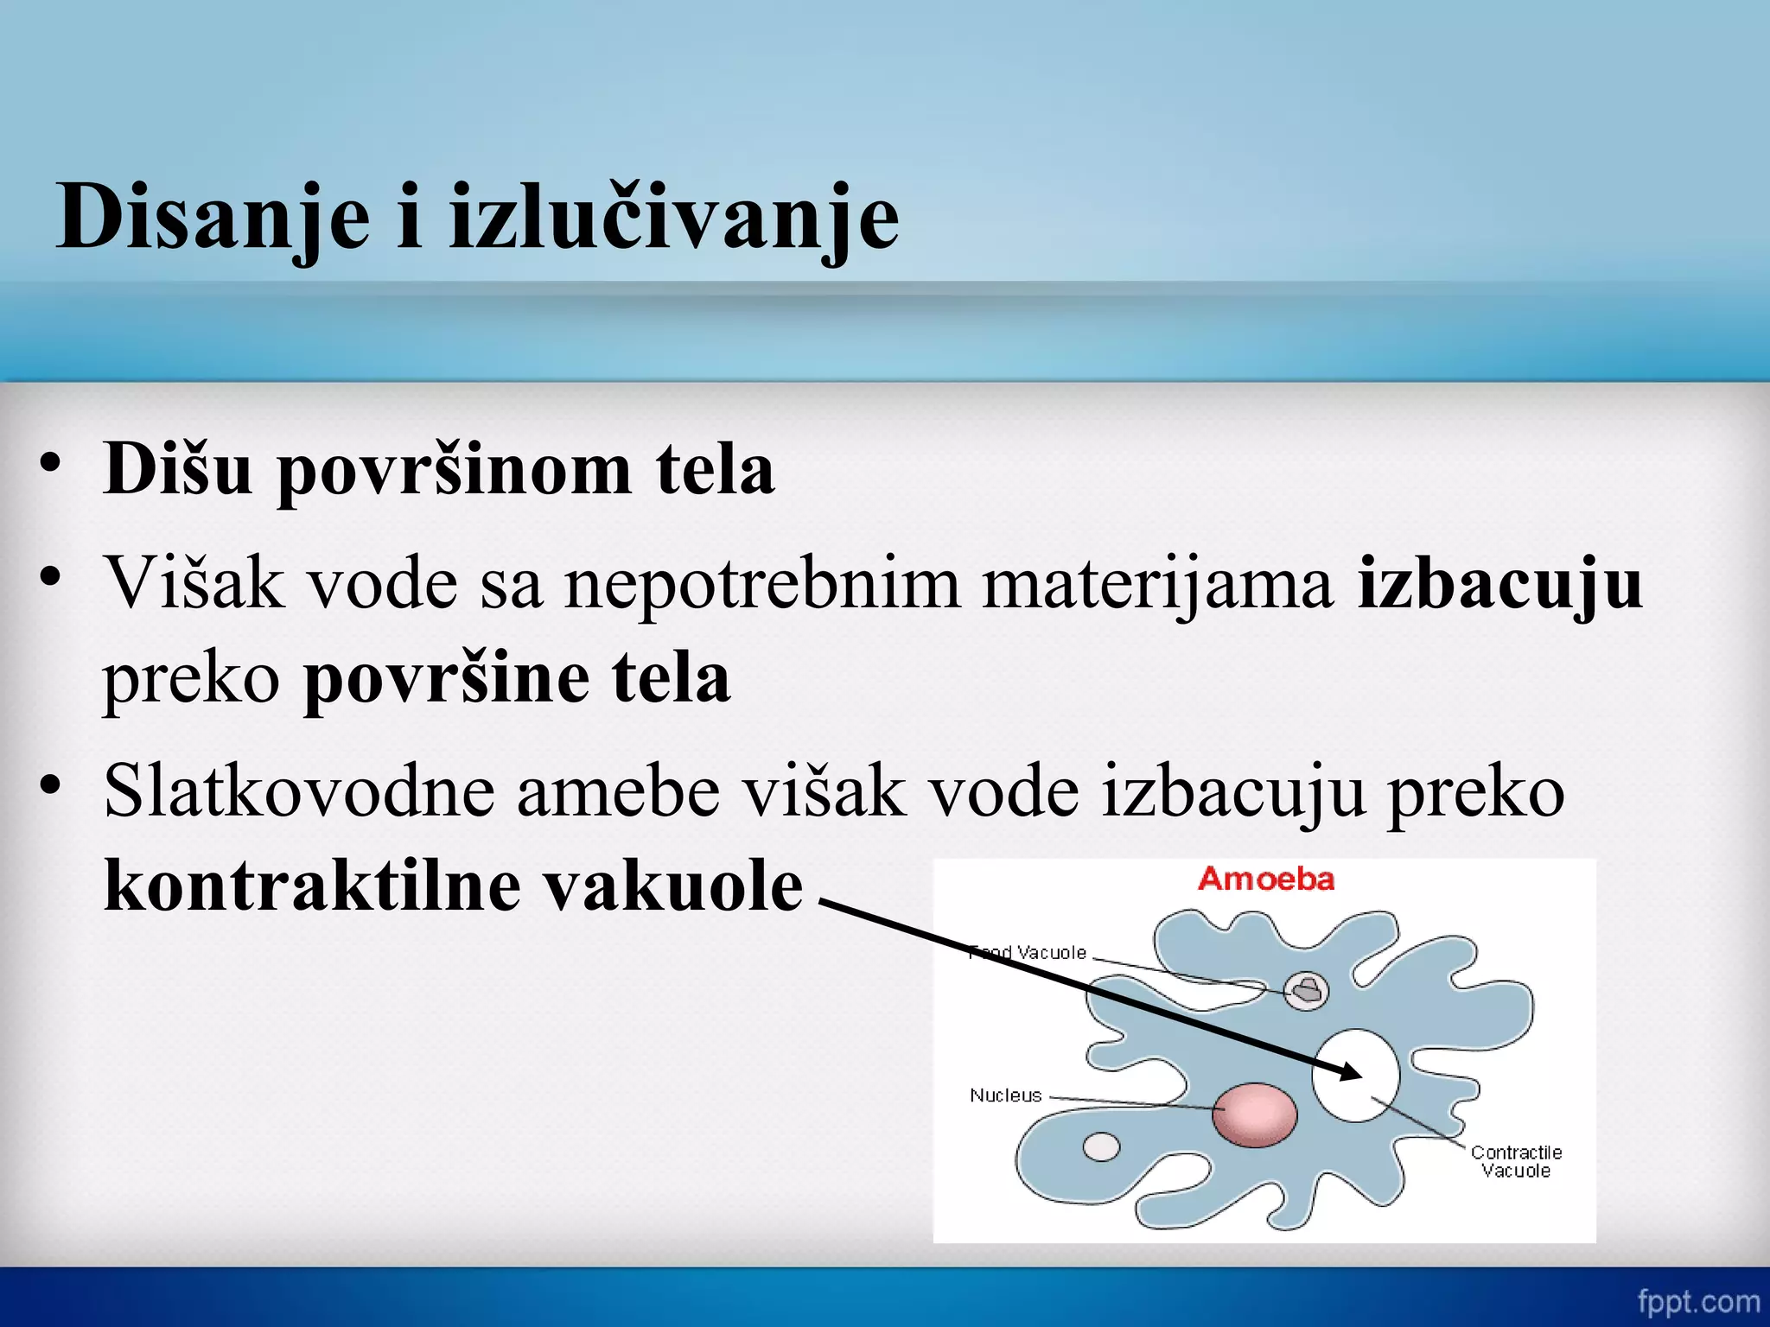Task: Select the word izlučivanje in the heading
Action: [674, 218]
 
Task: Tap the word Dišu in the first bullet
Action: [178, 469]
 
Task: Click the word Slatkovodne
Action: [299, 791]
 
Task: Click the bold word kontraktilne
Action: [312, 886]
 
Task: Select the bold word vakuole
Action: [674, 886]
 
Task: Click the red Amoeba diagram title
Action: [1265, 879]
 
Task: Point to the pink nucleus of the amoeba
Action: [1254, 1114]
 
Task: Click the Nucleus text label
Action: [1005, 1095]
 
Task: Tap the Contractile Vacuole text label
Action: [1516, 1162]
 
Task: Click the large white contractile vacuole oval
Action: [1355, 1076]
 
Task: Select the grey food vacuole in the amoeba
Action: [1305, 990]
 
